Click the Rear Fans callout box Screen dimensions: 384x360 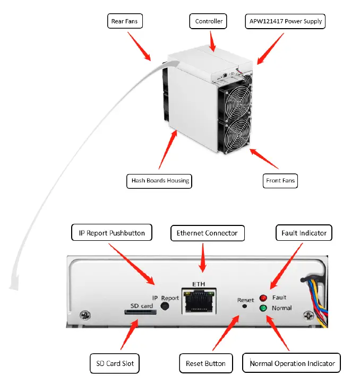click(x=125, y=22)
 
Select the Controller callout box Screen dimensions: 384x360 click(x=209, y=22)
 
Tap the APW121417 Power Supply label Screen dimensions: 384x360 click(x=285, y=22)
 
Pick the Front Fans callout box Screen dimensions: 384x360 click(x=280, y=181)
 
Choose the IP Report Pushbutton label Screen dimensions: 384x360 click(x=112, y=233)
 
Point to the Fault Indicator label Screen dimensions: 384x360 click(x=304, y=233)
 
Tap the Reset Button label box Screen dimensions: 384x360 click(x=205, y=364)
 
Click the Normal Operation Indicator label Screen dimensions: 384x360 click(x=292, y=364)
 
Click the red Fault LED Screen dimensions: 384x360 click(x=263, y=298)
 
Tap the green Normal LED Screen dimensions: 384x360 click(x=263, y=308)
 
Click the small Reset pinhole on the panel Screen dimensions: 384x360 click(x=244, y=306)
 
